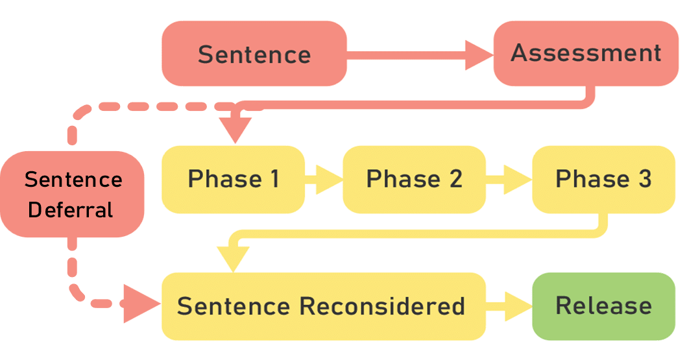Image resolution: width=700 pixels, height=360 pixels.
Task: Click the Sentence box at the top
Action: click(x=254, y=54)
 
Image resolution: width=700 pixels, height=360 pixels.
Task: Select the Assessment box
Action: click(x=586, y=53)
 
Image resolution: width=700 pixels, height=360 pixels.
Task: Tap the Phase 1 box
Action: click(x=233, y=179)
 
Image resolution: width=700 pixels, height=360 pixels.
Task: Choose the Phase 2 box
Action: click(x=414, y=179)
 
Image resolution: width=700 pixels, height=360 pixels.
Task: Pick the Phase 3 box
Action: click(x=603, y=179)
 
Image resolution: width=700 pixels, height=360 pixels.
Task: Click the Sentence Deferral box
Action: click(x=72, y=194)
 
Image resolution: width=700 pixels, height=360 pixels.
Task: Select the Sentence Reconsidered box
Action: click(x=323, y=306)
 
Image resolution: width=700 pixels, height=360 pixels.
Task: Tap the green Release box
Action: click(x=603, y=306)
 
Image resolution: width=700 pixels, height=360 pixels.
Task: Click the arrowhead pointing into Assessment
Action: click(x=479, y=55)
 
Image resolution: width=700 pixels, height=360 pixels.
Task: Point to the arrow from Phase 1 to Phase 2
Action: click(x=324, y=179)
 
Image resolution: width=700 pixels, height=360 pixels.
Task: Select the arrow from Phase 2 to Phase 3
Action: click(x=509, y=179)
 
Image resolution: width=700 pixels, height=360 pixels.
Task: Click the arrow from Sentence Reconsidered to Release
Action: click(x=509, y=306)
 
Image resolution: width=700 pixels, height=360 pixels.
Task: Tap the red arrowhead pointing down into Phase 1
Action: click(x=235, y=129)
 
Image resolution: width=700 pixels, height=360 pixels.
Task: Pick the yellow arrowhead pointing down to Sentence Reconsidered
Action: click(x=233, y=258)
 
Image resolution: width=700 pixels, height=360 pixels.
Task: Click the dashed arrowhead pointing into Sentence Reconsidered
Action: click(x=141, y=304)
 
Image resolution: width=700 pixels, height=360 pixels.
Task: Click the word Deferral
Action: click(x=71, y=210)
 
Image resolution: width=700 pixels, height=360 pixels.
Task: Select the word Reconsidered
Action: click(x=382, y=306)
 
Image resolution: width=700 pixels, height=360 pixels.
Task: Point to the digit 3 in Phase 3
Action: click(x=644, y=179)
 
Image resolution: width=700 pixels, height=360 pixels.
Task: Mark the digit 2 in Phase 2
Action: click(x=455, y=179)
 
